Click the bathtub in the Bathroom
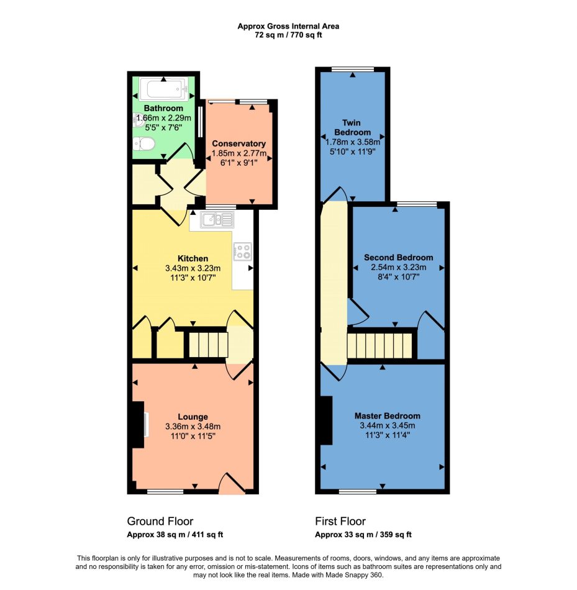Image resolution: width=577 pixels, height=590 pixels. pos(163,89)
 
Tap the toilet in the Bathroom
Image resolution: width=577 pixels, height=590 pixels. pos(143,143)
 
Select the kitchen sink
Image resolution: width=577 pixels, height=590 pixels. pos(217,219)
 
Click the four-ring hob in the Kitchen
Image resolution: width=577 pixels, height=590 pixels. pos(243,252)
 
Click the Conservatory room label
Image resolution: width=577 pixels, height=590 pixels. pos(239,143)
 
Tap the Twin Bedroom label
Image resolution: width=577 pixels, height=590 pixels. pos(352,127)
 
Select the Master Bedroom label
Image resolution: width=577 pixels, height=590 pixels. pos(388,415)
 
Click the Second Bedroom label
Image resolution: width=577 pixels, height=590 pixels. pos(398,257)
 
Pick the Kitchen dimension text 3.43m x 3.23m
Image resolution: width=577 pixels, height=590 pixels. pos(193,268)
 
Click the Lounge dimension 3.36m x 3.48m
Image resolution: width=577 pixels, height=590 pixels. pos(193,426)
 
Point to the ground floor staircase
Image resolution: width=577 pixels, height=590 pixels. pos(208,344)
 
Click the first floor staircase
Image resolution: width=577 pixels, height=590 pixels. pos(379,346)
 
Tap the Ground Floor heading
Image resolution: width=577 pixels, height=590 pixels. pos(160,521)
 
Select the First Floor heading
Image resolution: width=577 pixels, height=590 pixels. pos(340,521)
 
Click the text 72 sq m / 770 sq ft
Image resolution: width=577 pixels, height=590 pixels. pos(288,35)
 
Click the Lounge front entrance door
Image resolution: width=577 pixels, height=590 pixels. pos(232,484)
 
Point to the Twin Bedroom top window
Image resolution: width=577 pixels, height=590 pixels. pos(353,69)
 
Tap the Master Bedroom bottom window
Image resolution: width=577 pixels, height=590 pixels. pos(358,491)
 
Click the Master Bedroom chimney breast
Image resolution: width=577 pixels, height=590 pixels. pos(326,420)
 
